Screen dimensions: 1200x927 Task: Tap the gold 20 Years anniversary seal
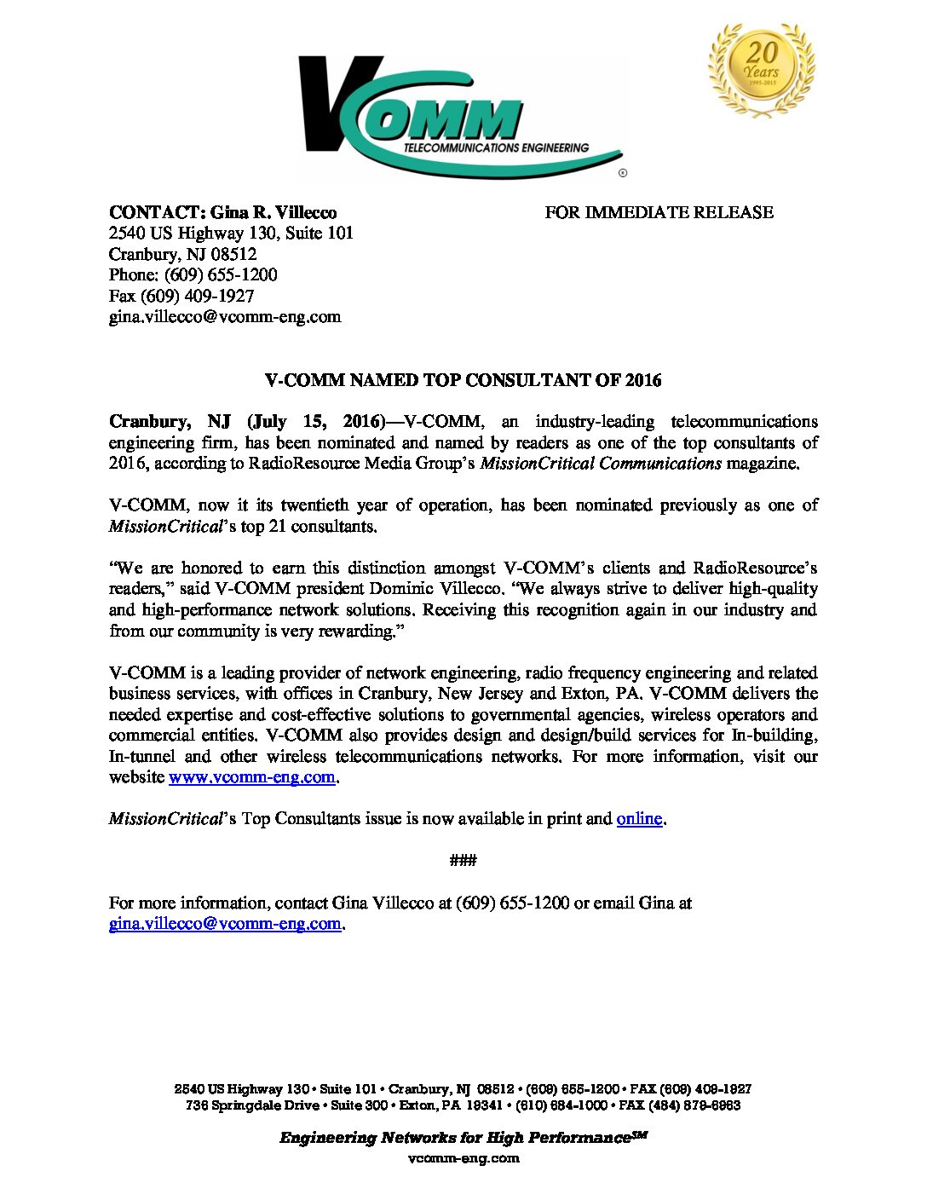[x=760, y=68]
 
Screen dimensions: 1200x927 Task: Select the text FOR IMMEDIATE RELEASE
[x=659, y=212]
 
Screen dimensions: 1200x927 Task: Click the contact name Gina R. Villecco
[x=273, y=212]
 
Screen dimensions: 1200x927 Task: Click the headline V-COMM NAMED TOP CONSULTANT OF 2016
[x=463, y=380]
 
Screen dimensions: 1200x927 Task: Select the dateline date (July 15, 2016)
[x=317, y=422]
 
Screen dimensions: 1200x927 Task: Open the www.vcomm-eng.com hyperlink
[x=251, y=776]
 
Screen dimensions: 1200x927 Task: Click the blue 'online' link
[x=639, y=818]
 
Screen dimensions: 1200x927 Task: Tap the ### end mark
[x=463, y=860]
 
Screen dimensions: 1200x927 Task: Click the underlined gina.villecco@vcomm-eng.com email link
[x=225, y=924]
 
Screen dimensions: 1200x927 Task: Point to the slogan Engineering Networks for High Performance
[x=455, y=1138]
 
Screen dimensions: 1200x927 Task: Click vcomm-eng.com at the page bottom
[x=463, y=1158]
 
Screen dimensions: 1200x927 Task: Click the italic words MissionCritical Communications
[x=601, y=464]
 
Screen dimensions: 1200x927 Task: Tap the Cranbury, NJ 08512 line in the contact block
[x=182, y=254]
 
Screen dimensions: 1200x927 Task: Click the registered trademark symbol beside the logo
[x=623, y=173]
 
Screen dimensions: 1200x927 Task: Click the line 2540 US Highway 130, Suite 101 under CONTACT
[x=231, y=233]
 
